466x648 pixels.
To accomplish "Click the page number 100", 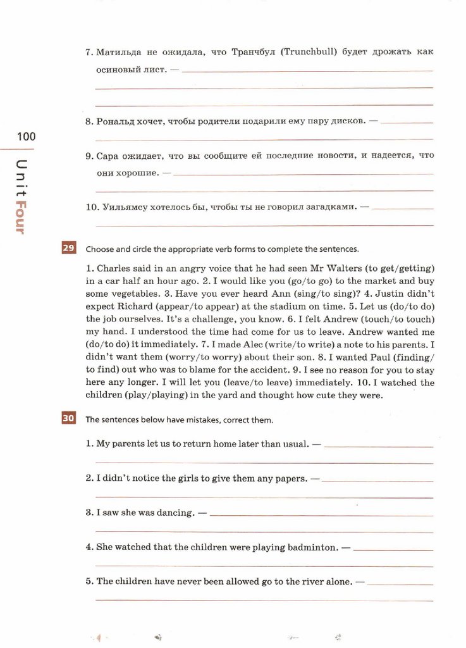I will tap(27, 137).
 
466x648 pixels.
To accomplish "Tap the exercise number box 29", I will tap(68, 248).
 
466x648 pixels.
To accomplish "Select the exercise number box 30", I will tap(68, 418).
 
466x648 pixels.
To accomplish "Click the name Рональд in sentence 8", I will tap(115, 120).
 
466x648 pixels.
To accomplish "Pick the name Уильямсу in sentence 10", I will tap(121, 206).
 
